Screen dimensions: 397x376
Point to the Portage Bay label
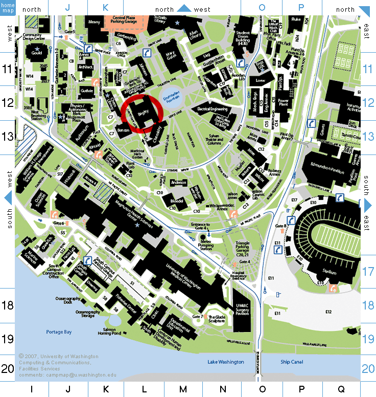click(58, 332)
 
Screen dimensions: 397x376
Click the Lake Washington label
click(225, 362)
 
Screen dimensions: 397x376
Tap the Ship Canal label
click(292, 362)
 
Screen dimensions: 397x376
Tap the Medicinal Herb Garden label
click(137, 153)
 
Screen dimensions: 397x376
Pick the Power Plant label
click(284, 104)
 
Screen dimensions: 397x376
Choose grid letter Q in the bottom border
click(341, 390)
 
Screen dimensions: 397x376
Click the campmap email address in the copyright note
click(67, 375)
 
